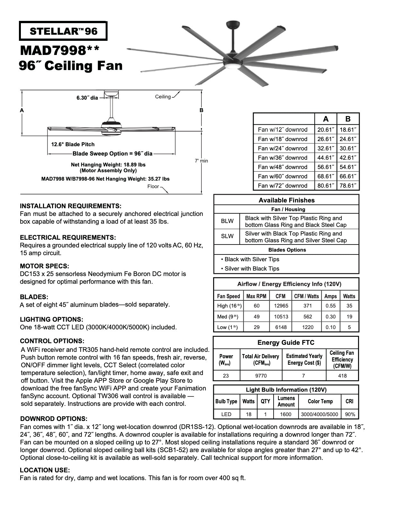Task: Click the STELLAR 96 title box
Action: click(x=63, y=31)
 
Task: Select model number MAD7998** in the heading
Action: click(x=60, y=50)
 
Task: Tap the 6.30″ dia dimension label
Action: click(x=87, y=98)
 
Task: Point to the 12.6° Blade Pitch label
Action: click(x=73, y=144)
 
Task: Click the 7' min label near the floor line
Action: click(x=201, y=161)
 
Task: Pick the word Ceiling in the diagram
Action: click(x=163, y=97)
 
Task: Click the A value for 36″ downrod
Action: click(x=326, y=157)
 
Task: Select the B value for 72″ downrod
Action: click(x=348, y=185)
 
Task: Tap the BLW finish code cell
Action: click(x=227, y=221)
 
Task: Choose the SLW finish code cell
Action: click(x=227, y=236)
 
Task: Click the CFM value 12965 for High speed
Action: click(x=281, y=306)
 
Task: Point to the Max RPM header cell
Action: click(x=256, y=296)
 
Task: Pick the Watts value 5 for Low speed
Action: click(x=349, y=327)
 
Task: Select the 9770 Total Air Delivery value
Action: click(x=260, y=375)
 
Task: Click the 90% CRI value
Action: click(x=350, y=414)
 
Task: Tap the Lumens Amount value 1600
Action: click(x=285, y=414)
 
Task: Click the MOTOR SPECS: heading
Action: click(x=44, y=266)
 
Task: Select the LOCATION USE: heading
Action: click(x=45, y=470)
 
